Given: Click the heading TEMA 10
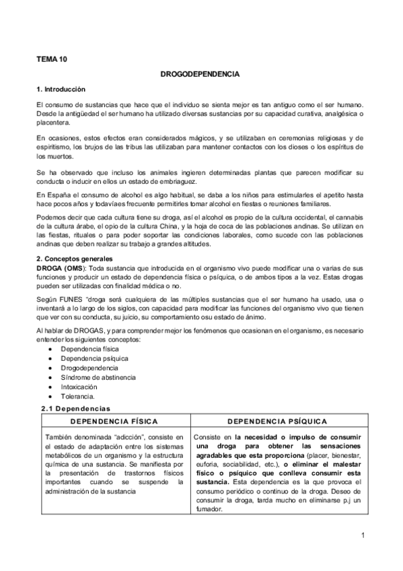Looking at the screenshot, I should pos(52,59).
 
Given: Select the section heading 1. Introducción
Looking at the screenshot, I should pos(61,90).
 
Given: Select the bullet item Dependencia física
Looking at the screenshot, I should pos(87,350).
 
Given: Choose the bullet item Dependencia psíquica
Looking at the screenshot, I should pos(90,360).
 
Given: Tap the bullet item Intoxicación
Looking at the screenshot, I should pos(79,387).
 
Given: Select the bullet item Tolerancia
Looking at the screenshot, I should pos(77,397).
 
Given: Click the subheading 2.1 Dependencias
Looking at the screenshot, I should pos(75,408).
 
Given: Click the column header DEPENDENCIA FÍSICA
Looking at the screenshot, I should pos(114,422).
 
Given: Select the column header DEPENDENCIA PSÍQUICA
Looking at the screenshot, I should pos(277,422).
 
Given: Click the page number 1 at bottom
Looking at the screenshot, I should pos(362,535).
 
